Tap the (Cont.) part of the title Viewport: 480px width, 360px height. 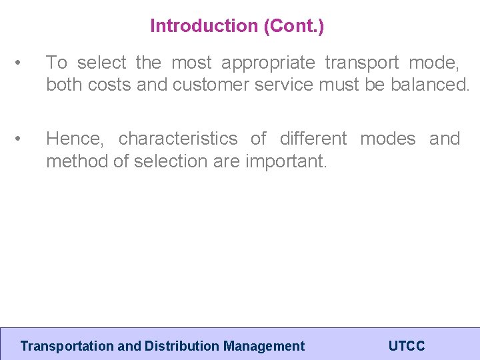294,26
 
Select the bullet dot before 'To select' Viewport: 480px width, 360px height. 23,63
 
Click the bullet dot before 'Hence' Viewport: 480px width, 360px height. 23,139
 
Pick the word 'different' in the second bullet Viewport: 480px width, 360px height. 313,139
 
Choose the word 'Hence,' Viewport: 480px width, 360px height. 75,139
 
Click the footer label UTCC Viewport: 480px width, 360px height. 406,346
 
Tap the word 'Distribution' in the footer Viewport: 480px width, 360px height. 182,346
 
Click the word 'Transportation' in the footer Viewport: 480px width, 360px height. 67,346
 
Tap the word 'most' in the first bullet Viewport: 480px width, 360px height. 191,63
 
